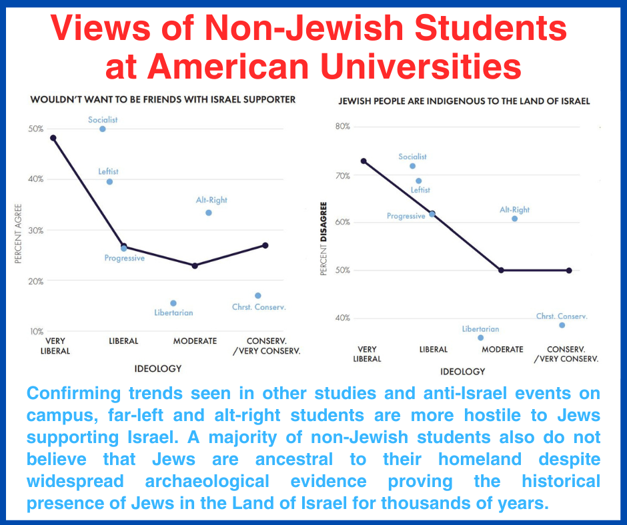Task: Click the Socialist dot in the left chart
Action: (103, 129)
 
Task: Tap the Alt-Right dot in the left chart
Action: (209, 213)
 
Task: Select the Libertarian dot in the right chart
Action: (480, 338)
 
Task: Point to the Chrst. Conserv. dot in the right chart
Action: (562, 325)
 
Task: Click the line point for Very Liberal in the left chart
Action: (53, 138)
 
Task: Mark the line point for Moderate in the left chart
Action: (195, 266)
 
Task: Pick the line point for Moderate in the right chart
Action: (501, 270)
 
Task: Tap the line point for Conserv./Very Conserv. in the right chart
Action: (569, 270)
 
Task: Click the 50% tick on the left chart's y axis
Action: (35, 129)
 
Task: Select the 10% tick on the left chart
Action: (35, 331)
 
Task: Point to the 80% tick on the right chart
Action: (342, 127)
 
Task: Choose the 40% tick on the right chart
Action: (342, 318)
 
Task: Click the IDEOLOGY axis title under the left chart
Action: (159, 368)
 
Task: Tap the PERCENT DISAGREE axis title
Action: (324, 239)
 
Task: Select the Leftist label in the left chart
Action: (108, 171)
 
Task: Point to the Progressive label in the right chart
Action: (406, 216)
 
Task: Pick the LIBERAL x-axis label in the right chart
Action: (433, 349)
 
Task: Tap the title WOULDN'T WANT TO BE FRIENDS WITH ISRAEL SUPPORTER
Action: (163, 100)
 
